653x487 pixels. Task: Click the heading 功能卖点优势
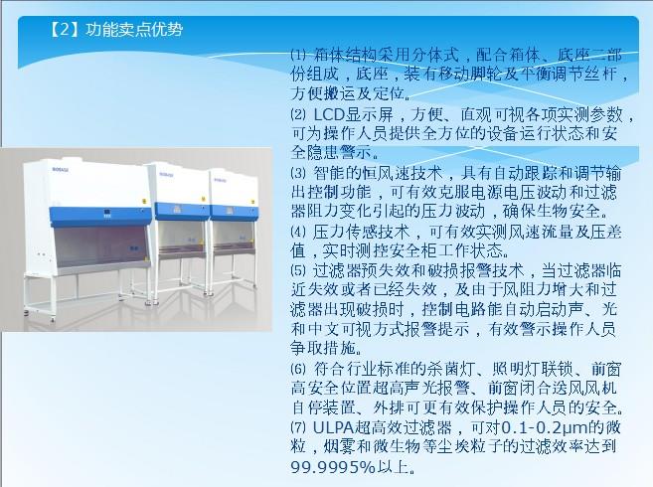coord(134,30)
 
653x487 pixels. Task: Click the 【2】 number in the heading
coord(65,30)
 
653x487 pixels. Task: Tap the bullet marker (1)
coord(298,55)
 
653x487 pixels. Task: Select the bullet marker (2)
coord(298,114)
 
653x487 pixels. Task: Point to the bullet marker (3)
coord(298,173)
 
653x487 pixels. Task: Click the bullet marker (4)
coord(298,232)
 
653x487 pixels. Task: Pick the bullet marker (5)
coord(298,270)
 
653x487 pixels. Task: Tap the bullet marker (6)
coord(298,369)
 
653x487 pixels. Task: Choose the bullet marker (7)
coord(298,427)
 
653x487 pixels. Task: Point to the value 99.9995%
coord(333,467)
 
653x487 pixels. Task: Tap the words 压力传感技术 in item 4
coord(362,232)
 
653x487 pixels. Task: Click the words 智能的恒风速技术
coord(378,173)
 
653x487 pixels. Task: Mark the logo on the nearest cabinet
coord(61,170)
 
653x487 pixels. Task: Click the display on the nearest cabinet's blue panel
coord(107,214)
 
